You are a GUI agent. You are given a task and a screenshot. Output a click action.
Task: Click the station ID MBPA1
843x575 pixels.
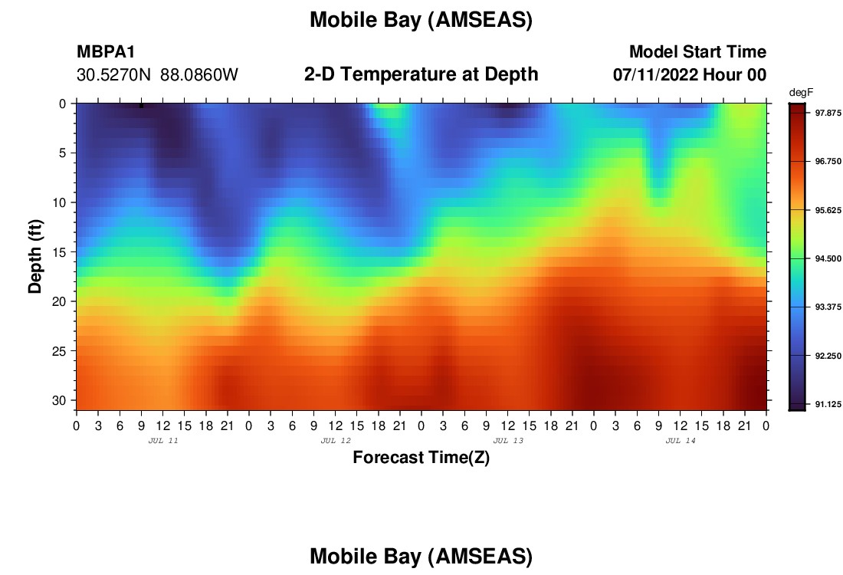click(x=106, y=51)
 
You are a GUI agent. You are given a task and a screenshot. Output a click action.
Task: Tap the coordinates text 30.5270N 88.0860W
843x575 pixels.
click(x=157, y=75)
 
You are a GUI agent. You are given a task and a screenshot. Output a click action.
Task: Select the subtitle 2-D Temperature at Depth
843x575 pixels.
click(x=421, y=74)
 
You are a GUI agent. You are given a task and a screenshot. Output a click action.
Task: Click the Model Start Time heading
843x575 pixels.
click(x=697, y=51)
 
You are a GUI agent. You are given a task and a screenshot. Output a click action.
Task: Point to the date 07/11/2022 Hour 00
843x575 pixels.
click(x=689, y=75)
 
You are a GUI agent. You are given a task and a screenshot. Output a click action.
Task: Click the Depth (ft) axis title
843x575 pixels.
click(x=35, y=256)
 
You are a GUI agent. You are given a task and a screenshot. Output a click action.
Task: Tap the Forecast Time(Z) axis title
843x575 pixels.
click(x=421, y=457)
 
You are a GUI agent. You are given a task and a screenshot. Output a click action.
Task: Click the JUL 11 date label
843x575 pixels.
click(x=163, y=441)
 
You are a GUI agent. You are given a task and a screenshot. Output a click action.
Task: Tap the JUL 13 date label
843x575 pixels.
click(x=508, y=441)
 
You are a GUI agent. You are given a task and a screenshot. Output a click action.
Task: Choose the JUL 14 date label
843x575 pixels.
click(x=681, y=441)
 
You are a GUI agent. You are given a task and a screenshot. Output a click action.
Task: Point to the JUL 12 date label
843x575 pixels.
click(x=336, y=441)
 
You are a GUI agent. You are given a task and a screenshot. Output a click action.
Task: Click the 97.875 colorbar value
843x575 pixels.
click(x=828, y=113)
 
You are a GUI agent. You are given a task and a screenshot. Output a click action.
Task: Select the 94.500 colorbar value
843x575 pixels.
click(x=828, y=258)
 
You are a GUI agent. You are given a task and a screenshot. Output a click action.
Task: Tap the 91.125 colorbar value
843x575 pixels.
click(x=828, y=405)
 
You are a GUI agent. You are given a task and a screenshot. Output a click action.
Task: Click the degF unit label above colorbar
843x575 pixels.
click(x=801, y=93)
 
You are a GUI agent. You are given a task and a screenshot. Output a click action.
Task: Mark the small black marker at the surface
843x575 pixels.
click(x=142, y=106)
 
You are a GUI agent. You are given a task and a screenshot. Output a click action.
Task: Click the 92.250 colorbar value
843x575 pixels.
click(x=828, y=356)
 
